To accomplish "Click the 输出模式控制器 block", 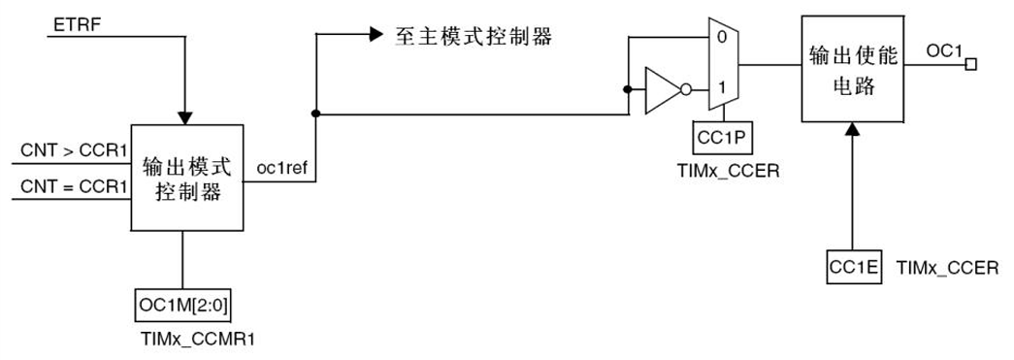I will pyautogui.click(x=186, y=178).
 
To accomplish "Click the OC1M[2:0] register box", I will pyautogui.click(x=182, y=306).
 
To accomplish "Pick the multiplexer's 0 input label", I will pyautogui.click(x=719, y=38).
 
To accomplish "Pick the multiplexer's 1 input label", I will pyautogui.click(x=719, y=88).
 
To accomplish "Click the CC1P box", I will pyautogui.click(x=721, y=138).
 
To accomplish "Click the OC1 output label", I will pyautogui.click(x=943, y=49).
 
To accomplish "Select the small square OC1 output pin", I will pyautogui.click(x=970, y=65).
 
